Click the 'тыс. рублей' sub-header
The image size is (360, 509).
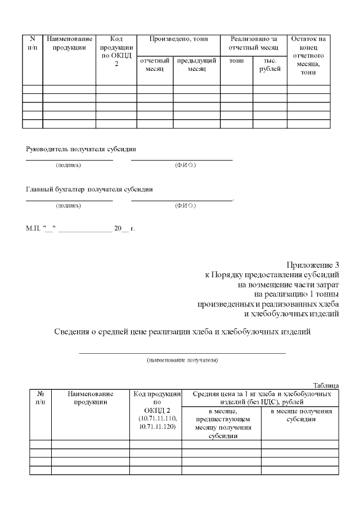coord(269,65)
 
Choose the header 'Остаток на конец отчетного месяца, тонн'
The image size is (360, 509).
coord(308,55)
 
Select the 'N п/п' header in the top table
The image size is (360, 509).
coord(32,43)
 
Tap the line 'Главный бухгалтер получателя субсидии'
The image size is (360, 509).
coord(89,189)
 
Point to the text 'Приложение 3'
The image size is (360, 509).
coord(313,265)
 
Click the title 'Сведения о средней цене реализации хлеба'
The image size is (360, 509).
coord(182,331)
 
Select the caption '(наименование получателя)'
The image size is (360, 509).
coord(182,359)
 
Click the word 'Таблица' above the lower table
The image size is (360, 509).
coord(326,385)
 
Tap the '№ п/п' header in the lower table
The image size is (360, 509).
coord(40,398)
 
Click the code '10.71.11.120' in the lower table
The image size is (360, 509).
coord(155,427)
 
